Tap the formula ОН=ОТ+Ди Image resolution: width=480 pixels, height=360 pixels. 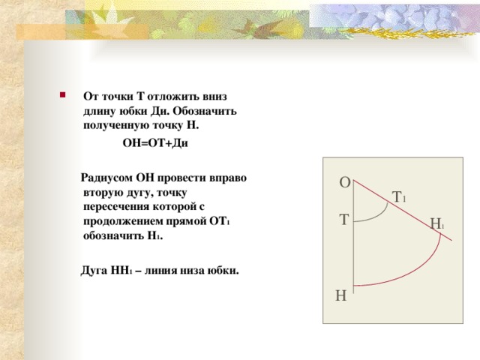click(x=154, y=143)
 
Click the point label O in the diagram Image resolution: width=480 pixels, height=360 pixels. click(x=343, y=182)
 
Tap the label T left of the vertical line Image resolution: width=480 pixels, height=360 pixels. click(x=343, y=220)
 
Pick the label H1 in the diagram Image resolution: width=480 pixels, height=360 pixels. click(x=437, y=223)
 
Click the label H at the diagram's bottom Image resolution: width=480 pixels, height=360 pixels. click(x=341, y=296)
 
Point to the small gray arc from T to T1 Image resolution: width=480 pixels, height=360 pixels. click(x=382, y=213)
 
